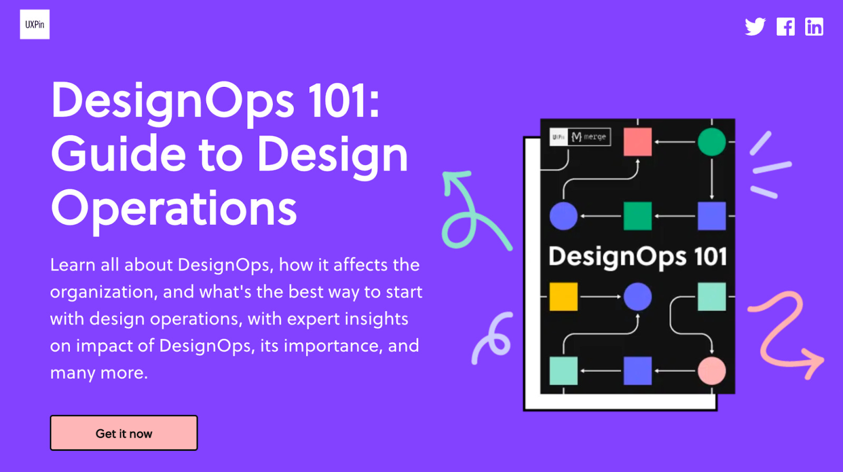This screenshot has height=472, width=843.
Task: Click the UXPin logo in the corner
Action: tap(35, 24)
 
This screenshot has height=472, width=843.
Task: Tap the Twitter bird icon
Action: tap(755, 26)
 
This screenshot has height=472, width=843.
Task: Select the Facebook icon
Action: tap(785, 26)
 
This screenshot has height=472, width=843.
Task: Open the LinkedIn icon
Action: tap(813, 26)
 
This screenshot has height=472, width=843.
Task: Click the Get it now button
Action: tap(124, 433)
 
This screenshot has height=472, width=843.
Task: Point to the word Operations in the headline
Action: tap(174, 208)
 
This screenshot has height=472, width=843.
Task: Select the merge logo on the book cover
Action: tap(590, 137)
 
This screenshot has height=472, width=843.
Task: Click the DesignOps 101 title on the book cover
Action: tap(638, 257)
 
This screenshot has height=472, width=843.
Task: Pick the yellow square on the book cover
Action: tap(563, 297)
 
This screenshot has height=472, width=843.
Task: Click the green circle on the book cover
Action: tap(711, 142)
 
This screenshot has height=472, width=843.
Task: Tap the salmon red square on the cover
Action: tap(638, 142)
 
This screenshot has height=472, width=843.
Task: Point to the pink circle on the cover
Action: tap(711, 371)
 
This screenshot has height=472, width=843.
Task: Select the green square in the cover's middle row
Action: tap(638, 216)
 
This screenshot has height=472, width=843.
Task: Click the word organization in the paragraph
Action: tap(103, 292)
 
